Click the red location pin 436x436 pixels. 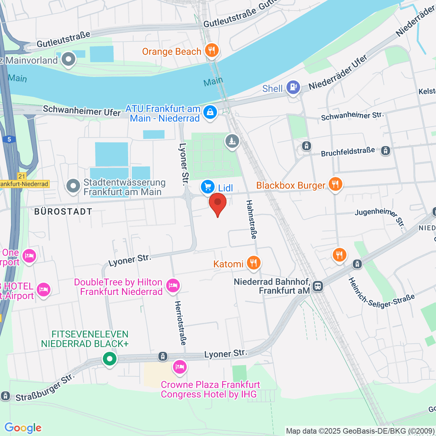(217, 204)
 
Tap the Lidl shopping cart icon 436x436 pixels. (207, 187)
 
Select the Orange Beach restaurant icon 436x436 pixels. (211, 51)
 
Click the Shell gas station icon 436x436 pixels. (293, 88)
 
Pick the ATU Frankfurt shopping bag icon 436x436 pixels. (210, 112)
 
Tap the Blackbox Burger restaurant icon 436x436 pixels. (335, 185)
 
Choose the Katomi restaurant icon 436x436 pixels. (253, 263)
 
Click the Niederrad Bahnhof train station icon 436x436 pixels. (318, 286)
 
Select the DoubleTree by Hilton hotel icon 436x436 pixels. (173, 286)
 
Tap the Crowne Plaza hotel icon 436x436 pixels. (179, 367)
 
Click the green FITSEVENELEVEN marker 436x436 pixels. (109, 359)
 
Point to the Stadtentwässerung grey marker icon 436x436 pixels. (73, 186)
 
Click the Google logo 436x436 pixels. (23, 428)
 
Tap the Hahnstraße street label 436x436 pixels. (251, 219)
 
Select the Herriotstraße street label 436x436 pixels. (181, 323)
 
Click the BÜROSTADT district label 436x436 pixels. (63, 211)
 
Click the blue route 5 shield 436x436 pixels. (9, 139)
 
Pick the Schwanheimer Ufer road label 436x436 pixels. (82, 110)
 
